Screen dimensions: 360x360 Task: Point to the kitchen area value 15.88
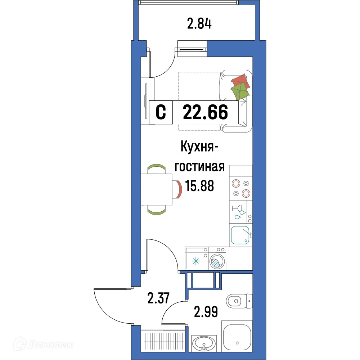(x=199, y=186)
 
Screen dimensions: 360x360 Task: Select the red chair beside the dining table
(x=178, y=189)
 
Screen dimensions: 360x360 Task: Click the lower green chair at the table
(x=157, y=211)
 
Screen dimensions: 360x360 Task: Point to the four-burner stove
(x=241, y=188)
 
